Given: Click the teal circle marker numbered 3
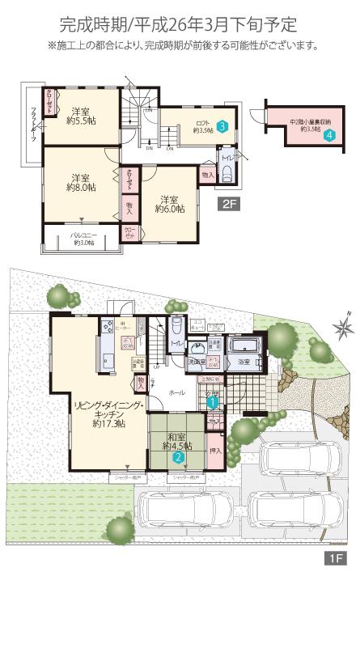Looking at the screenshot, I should [222, 125].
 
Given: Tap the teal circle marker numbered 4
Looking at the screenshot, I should [329, 136].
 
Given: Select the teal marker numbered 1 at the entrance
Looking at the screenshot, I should [211, 400].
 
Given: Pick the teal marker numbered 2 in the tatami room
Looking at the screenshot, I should [177, 456].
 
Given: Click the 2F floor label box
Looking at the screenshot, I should [230, 206].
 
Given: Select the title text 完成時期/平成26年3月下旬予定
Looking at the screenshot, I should [179, 24].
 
